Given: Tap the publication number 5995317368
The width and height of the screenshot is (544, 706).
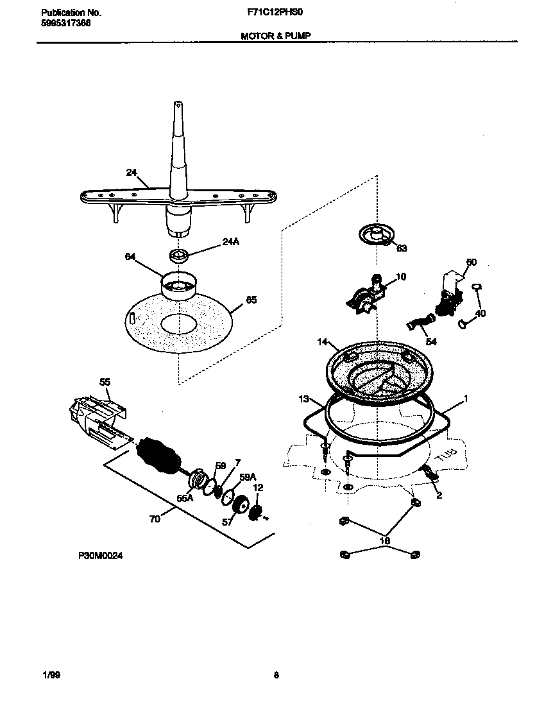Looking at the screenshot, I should [x=62, y=22].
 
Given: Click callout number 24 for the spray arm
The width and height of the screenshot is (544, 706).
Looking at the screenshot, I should [x=132, y=172].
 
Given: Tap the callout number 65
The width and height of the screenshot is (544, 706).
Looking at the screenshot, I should [x=251, y=300].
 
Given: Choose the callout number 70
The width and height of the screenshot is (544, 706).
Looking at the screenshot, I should [x=155, y=519].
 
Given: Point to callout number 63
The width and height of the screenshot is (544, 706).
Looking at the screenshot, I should [x=402, y=248].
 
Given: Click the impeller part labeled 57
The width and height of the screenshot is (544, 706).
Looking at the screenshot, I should [x=242, y=506].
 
